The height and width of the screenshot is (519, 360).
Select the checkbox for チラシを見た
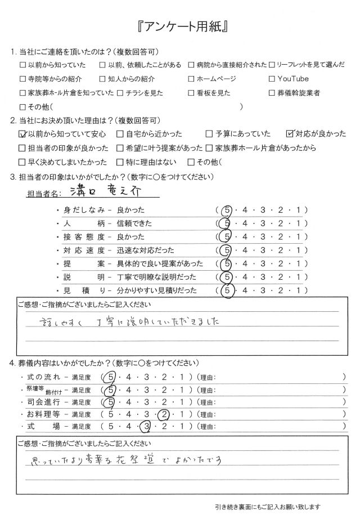click(x=120, y=93)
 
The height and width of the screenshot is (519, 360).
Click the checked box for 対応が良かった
click(x=290, y=134)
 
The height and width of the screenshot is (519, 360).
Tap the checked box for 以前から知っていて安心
click(x=22, y=134)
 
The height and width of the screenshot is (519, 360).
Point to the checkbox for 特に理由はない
click(x=120, y=162)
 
